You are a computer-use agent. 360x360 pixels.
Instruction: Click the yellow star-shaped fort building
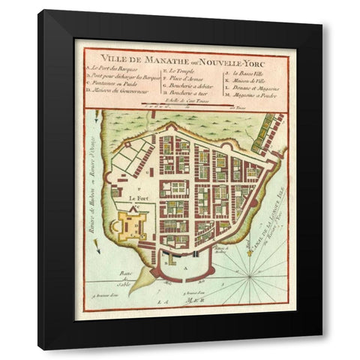pos(131,225)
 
